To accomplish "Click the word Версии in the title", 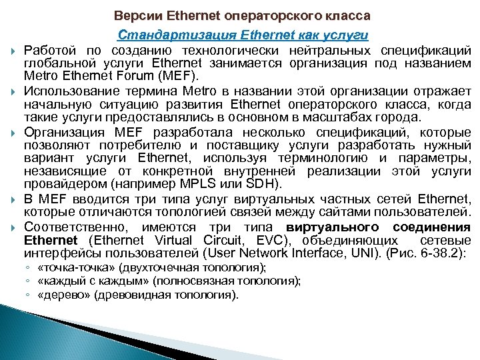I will pyautogui.click(x=136, y=15).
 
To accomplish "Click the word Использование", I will pyautogui.click(x=67, y=90).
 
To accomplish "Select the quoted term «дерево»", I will pyautogui.click(x=59, y=293).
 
